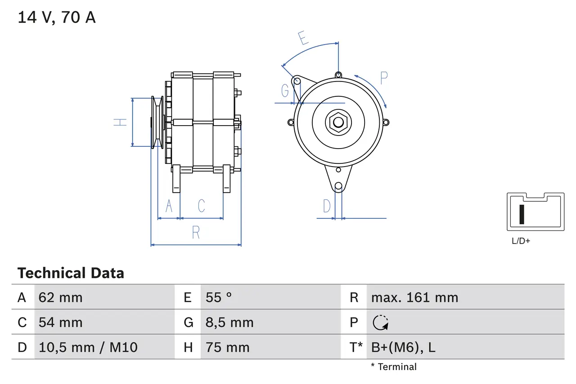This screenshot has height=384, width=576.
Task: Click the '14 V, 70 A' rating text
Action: (x=56, y=18)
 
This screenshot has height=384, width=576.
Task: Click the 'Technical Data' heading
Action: (x=71, y=273)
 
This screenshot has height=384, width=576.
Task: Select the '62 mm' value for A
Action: (x=60, y=297)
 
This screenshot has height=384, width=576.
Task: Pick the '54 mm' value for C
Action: (x=60, y=322)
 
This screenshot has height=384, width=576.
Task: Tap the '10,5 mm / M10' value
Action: (x=88, y=347)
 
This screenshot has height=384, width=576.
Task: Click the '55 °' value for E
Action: (x=219, y=297)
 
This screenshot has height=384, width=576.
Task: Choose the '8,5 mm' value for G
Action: (x=229, y=322)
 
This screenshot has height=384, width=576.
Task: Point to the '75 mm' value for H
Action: (x=227, y=347)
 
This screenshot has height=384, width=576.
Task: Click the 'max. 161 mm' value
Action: (x=414, y=297)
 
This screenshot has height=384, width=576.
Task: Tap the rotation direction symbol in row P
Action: (x=381, y=322)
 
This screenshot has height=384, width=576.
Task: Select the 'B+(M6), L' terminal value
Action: (x=403, y=347)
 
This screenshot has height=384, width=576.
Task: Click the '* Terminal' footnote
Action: (x=394, y=367)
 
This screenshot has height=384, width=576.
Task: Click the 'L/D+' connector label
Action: (x=521, y=241)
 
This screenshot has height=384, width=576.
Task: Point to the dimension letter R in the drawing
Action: (x=196, y=233)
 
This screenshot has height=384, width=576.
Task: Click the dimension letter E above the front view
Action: (x=304, y=38)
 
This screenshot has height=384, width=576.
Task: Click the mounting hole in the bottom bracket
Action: (x=338, y=185)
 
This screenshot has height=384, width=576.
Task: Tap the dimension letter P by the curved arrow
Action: (x=383, y=78)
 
